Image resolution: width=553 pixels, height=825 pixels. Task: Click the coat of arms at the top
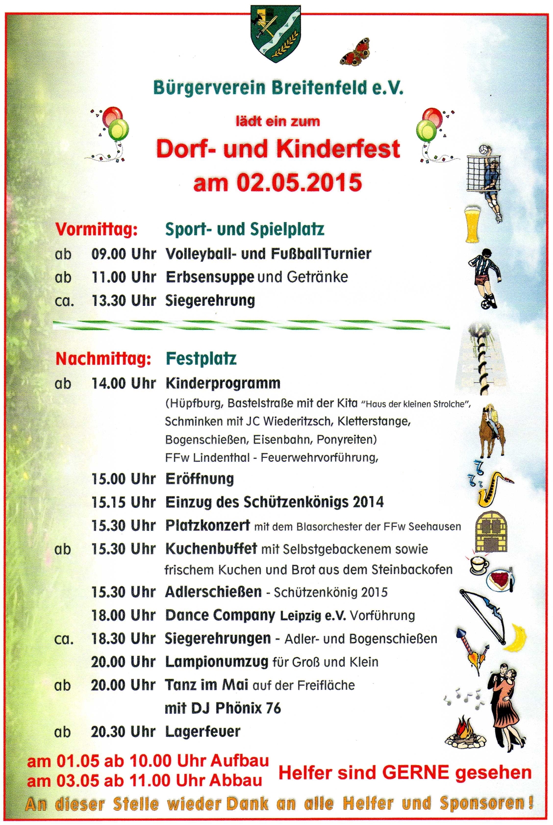pos(276,33)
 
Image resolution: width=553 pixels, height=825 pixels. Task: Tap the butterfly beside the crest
pos(355,52)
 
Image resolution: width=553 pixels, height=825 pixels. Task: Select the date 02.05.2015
pos(299,182)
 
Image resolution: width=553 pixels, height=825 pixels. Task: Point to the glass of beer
pos(473,224)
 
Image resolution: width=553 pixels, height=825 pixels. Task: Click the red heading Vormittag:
pos(97,229)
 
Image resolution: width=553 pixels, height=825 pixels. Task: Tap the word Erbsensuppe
pos(210,277)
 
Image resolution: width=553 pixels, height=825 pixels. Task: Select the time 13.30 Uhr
pos(124,300)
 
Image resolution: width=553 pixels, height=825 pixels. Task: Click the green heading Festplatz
pos(201,359)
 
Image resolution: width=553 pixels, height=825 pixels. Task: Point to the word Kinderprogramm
pos(223,383)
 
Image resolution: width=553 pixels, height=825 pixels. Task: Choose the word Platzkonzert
pos(207,525)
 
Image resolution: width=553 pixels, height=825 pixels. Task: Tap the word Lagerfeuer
pos(202,731)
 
